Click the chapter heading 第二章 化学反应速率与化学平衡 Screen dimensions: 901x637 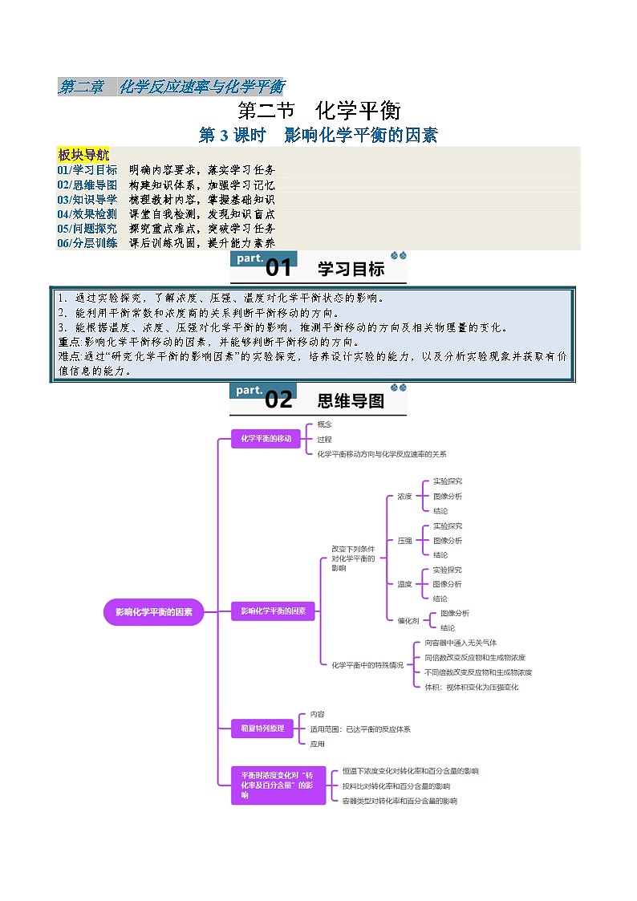tap(171, 87)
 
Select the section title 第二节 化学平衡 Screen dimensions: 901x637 tap(318, 110)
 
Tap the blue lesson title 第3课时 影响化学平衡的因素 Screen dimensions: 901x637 tap(318, 135)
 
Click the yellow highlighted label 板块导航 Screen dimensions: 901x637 tap(83, 155)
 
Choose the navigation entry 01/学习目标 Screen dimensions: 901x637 tap(87, 170)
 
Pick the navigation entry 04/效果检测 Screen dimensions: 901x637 tap(87, 213)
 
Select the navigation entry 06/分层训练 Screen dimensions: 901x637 tap(87, 242)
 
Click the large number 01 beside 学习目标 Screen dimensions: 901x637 tap(278, 269)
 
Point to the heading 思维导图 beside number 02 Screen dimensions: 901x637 tap(351, 400)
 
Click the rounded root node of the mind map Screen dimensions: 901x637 tap(154, 611)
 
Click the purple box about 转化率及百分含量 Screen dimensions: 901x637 tap(273, 785)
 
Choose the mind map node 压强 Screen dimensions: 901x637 tap(404, 541)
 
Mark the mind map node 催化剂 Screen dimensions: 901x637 tap(408, 620)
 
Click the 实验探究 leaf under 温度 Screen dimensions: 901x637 tap(447, 570)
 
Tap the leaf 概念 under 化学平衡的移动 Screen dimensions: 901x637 tap(324, 424)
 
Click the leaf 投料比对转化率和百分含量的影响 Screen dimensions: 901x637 tap(396, 785)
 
